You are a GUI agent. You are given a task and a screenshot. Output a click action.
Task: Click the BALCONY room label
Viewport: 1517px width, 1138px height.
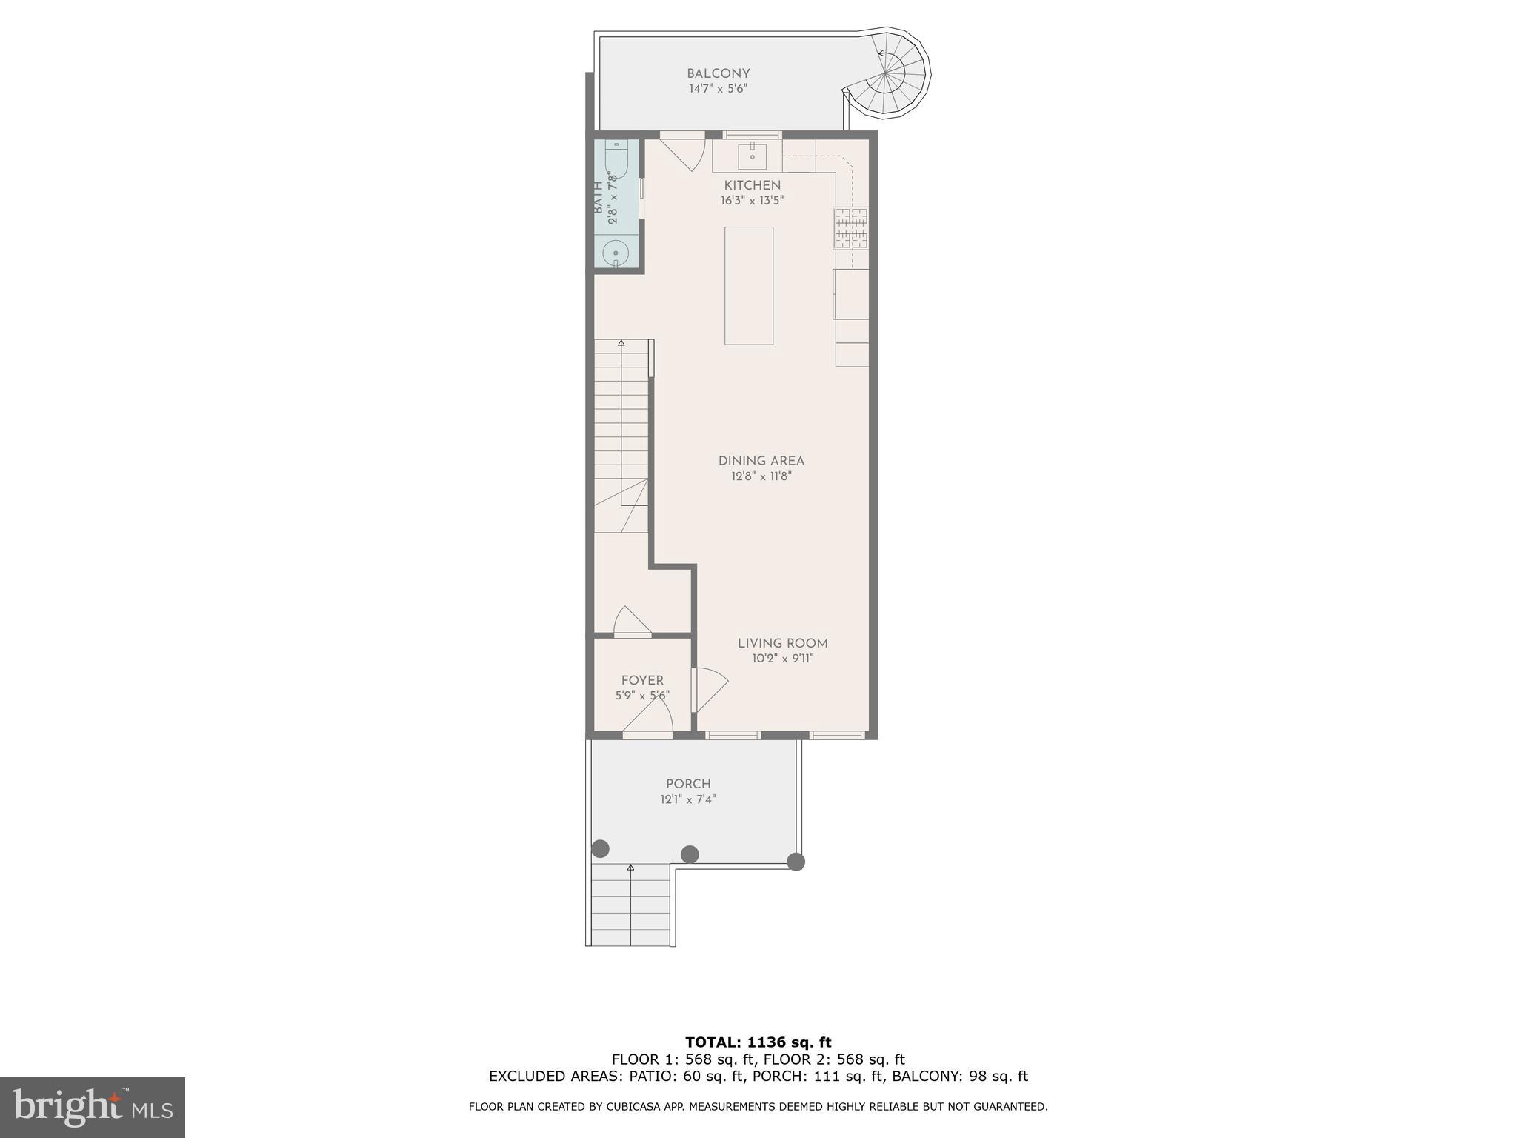pos(718,73)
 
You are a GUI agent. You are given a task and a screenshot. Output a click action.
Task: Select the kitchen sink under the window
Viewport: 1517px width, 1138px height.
pos(753,155)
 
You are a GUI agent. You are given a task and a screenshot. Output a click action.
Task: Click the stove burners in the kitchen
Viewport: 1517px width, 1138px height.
pos(851,227)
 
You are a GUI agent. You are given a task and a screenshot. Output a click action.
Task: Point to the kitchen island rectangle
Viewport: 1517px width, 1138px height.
pos(749,285)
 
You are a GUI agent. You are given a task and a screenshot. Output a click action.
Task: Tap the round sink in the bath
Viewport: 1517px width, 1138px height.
pos(615,253)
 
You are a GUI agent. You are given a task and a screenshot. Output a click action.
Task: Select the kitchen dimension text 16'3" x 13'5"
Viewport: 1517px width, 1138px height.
pos(752,201)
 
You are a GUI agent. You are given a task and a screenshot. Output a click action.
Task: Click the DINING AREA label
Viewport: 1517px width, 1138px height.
pos(761,461)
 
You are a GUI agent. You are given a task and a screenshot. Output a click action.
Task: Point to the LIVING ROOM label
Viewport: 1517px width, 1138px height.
pos(782,643)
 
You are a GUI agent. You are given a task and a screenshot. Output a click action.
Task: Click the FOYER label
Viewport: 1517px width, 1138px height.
pos(642,680)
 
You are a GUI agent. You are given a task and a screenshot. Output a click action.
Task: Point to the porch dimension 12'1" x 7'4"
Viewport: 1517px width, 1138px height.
pos(688,799)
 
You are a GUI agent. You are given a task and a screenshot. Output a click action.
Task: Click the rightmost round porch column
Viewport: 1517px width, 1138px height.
pos(796,862)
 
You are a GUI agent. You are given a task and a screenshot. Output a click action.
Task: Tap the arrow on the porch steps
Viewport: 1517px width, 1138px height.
pos(631,868)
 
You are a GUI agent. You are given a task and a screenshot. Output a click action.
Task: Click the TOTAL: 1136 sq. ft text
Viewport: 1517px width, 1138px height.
pos(758,1042)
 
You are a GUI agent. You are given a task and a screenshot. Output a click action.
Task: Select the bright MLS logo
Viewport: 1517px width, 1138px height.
pos(93,1107)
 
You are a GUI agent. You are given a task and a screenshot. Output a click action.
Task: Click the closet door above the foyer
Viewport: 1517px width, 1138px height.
pos(632,622)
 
